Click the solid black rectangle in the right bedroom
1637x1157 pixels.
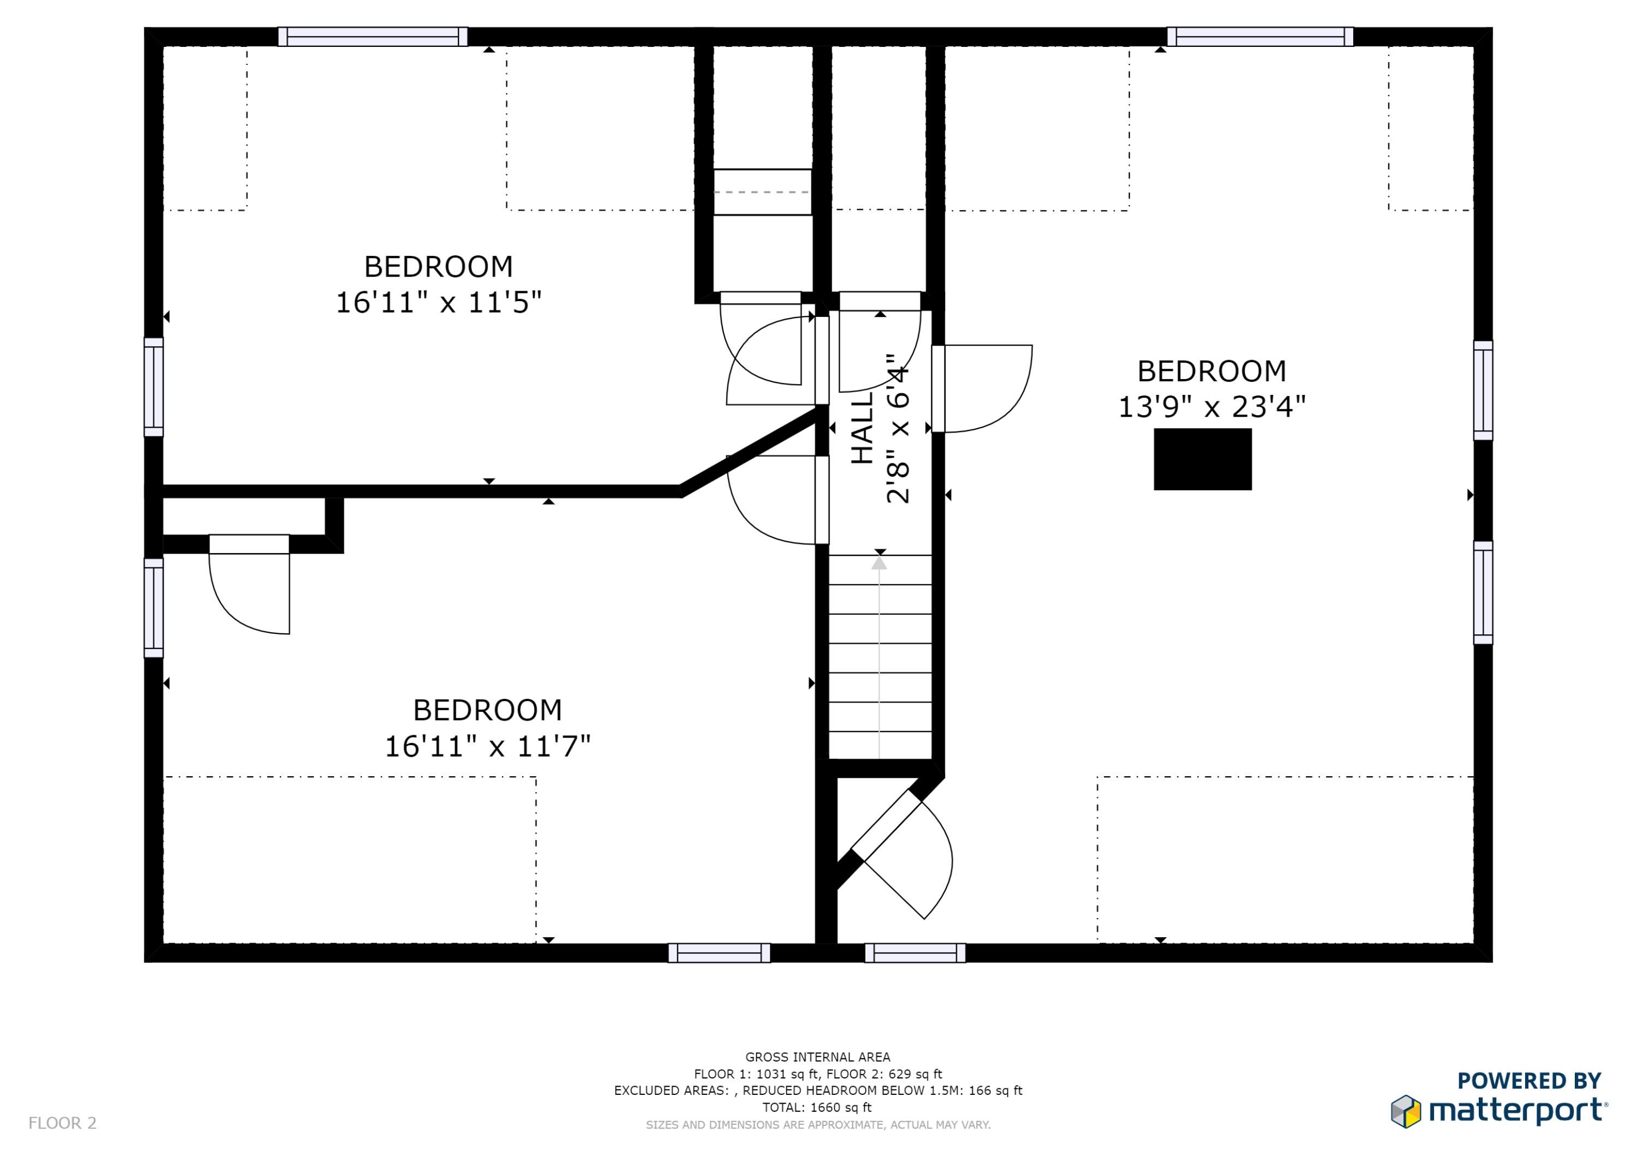tap(1203, 459)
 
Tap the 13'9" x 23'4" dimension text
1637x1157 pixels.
tap(1211, 407)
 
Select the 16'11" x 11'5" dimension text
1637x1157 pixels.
tap(439, 302)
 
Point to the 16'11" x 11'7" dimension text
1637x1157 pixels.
tap(488, 746)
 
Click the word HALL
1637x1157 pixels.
tap(863, 428)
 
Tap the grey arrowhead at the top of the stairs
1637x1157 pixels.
tap(879, 563)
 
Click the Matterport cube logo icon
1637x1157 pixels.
tap(1406, 1111)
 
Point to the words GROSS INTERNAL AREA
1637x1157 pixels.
tap(818, 1057)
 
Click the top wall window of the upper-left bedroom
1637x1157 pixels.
tap(373, 37)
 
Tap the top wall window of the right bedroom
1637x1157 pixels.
tap(1260, 37)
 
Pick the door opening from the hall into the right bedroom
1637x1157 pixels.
tap(982, 388)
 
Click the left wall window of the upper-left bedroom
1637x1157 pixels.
tap(154, 387)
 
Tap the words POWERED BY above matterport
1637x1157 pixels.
tap(1530, 1081)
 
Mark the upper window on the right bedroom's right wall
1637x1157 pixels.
tap(1483, 391)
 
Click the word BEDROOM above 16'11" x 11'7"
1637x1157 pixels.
tap(488, 710)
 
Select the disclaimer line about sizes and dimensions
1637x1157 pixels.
tap(818, 1125)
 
